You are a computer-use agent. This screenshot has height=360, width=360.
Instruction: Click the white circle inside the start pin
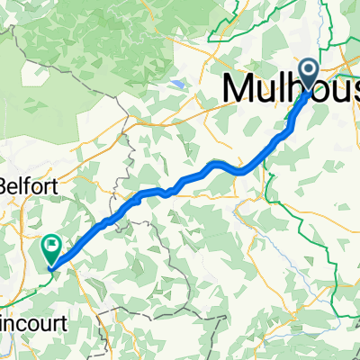309,70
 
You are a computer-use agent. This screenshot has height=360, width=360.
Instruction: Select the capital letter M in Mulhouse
238,87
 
